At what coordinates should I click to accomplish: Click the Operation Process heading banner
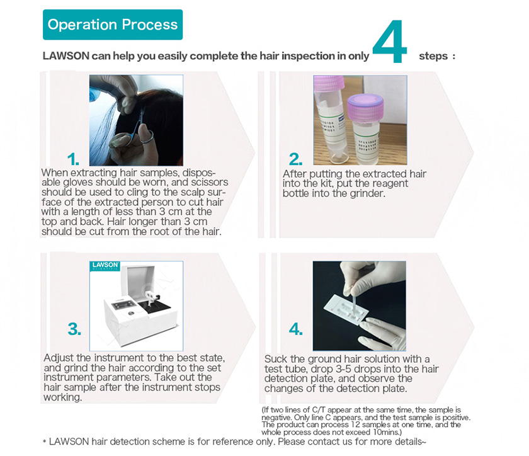(113, 25)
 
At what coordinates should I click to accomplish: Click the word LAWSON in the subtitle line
(65, 55)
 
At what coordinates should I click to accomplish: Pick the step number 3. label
(74, 328)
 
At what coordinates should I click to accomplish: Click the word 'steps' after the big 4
(433, 56)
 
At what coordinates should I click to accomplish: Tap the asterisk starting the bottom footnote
(44, 443)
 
